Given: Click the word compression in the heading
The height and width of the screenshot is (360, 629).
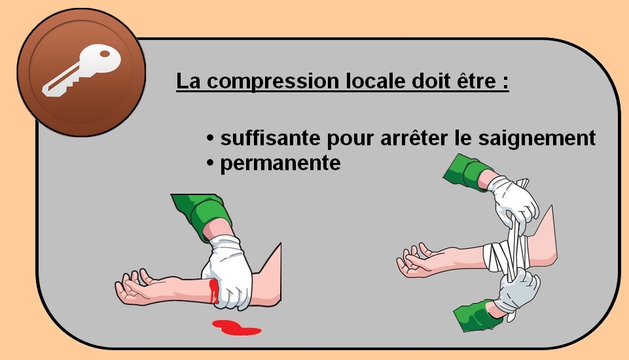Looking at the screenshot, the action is [273, 81].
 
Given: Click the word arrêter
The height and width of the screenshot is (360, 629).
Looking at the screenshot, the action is [414, 138].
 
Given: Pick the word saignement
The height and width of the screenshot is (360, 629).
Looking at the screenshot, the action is [537, 139].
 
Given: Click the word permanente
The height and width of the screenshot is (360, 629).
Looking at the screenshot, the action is [280, 164].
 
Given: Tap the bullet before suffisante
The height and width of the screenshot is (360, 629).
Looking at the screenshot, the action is [210, 138].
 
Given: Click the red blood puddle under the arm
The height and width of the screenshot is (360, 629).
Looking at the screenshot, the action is [236, 327].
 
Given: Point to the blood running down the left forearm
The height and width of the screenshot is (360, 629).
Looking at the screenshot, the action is [214, 291].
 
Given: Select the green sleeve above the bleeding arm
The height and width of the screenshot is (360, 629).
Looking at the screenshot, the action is [204, 215].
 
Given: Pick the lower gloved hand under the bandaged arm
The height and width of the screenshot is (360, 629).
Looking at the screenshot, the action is [518, 292].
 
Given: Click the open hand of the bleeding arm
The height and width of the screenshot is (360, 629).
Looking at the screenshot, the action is [134, 288].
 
